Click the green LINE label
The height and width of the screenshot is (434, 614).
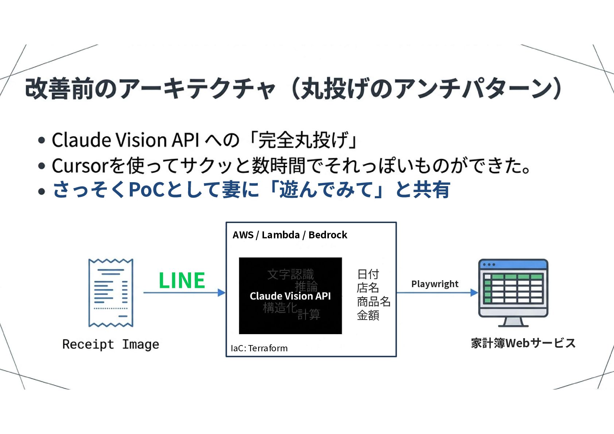pos(182,280)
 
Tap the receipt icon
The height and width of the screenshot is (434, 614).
pos(111,293)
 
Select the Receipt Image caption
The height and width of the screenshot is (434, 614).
pos(110,344)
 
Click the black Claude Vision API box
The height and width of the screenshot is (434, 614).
pos(290,296)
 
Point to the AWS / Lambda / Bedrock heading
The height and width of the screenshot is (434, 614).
pos(290,235)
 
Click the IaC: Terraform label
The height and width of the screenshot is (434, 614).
pos(259,348)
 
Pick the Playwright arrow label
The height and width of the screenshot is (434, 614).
pos(435,284)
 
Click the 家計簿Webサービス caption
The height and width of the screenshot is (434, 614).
pos(523,343)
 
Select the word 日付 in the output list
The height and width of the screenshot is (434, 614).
pos(368,274)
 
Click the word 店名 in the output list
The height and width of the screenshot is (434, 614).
pos(368,288)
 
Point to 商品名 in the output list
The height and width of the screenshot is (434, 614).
pos(373,302)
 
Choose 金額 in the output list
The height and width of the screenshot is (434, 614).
pos(368,315)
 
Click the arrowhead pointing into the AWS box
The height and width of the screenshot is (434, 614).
pos(221,293)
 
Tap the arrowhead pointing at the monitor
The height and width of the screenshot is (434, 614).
pos(474,293)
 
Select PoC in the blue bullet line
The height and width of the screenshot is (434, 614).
pos(146,189)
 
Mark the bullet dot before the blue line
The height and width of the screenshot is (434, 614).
pos(42,191)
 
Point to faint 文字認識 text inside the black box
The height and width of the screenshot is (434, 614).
pos(290,274)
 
